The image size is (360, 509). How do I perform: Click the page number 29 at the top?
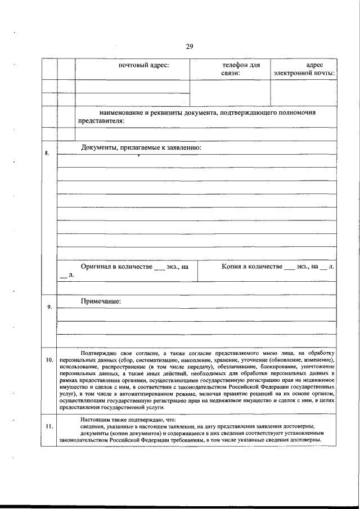click(x=189, y=47)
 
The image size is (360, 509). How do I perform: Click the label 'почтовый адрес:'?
click(x=143, y=66)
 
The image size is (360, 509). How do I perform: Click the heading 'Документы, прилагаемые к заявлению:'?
click(x=141, y=147)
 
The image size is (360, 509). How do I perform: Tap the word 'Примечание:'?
click(x=101, y=301)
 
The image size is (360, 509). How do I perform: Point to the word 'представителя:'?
click(x=101, y=120)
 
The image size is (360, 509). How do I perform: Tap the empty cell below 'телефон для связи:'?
click(x=230, y=92)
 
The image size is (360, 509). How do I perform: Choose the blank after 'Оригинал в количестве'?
click(x=159, y=267)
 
